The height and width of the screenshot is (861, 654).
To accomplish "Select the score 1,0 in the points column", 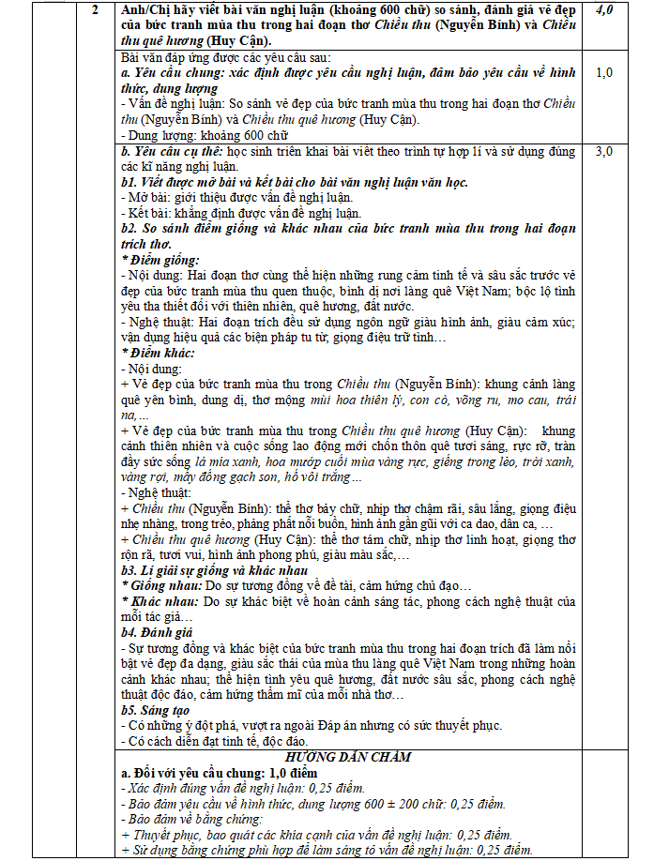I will (x=605, y=71).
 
